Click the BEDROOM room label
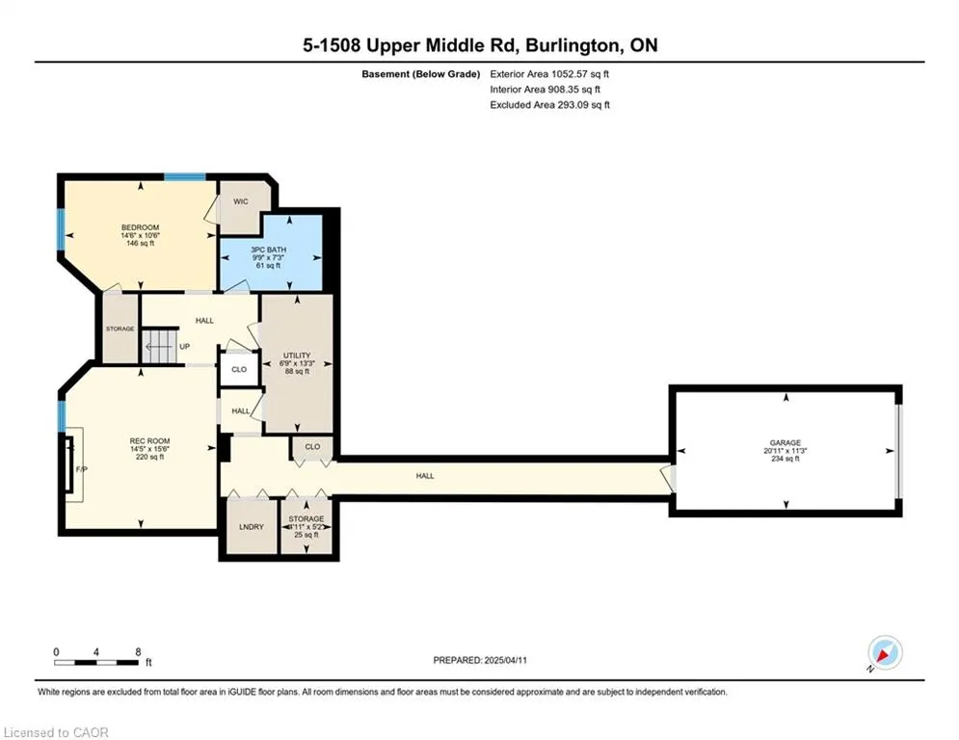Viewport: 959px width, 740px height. pos(140,227)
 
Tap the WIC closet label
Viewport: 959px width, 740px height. pos(241,201)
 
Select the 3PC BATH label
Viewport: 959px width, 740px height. pos(269,250)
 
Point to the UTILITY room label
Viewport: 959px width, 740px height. pos(297,356)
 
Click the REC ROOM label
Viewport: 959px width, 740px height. pos(149,441)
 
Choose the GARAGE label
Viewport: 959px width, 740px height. pos(786,443)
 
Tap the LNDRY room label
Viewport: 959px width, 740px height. pos(252,526)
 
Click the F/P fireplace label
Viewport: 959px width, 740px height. pos(81,469)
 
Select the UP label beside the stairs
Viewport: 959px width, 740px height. pos(185,346)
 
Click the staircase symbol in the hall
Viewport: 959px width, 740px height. pos(160,346)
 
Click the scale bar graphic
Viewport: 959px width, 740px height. pos(96,662)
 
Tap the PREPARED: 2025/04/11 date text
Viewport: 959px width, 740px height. pos(480,660)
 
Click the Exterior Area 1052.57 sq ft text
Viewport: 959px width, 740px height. pos(549,74)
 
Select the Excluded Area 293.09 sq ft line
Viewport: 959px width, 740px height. pos(549,105)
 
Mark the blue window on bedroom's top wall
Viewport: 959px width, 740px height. pos(185,176)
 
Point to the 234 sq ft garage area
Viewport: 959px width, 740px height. pos(786,459)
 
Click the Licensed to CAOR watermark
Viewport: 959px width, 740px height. pos(56,732)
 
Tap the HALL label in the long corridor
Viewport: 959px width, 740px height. pos(425,476)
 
